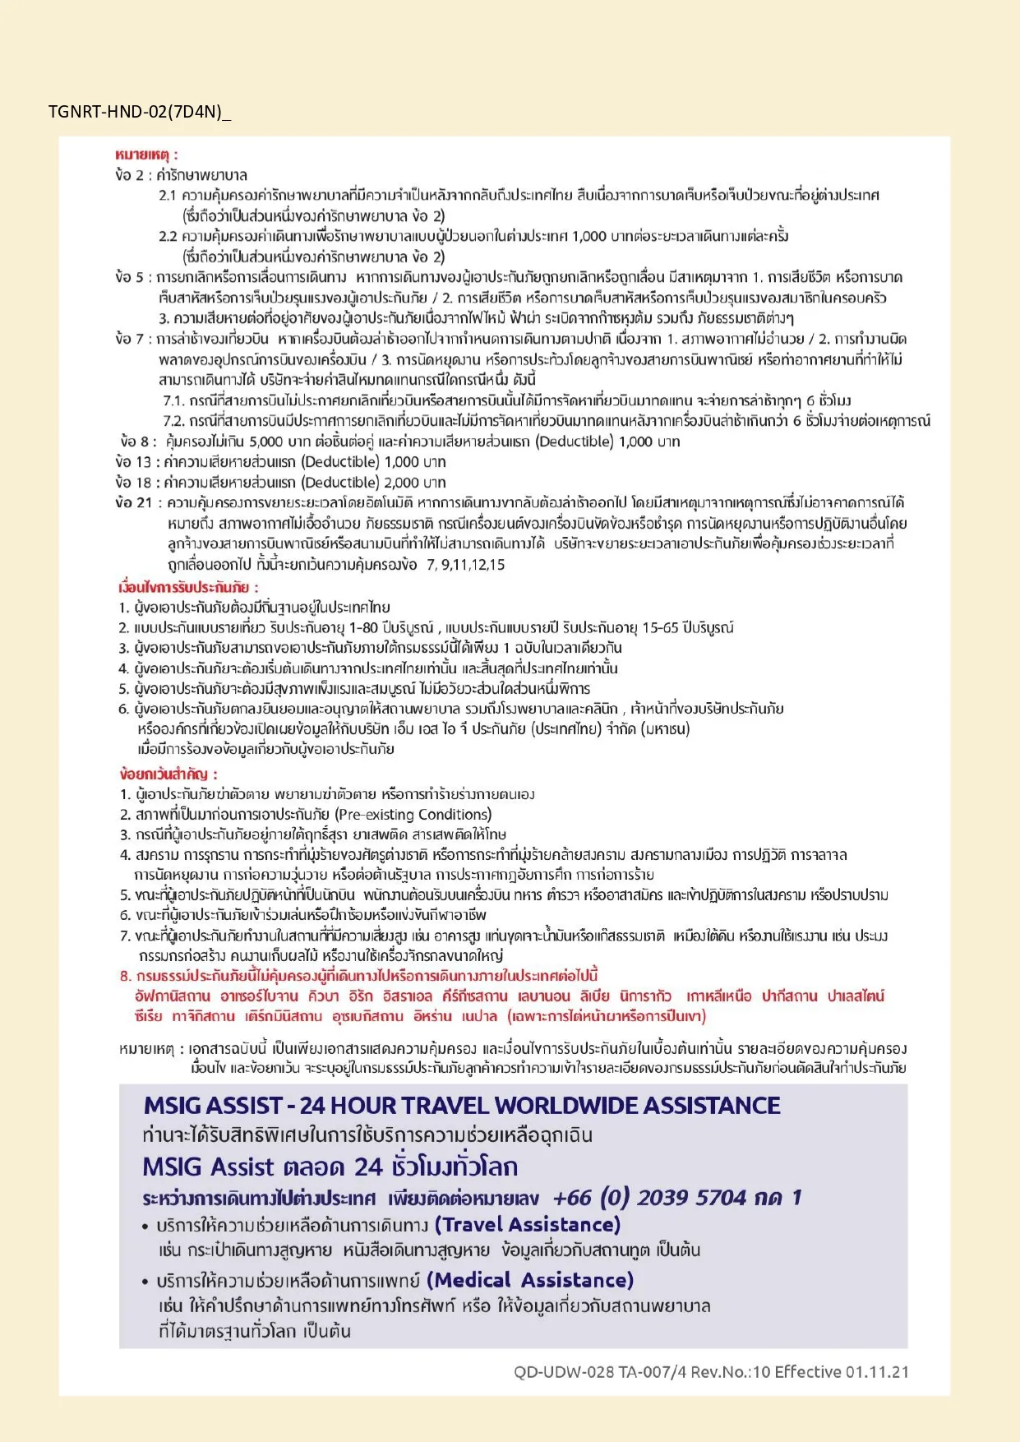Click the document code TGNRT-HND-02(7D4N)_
[x=139, y=112]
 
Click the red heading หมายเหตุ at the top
[x=145, y=155]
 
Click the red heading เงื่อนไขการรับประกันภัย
[x=187, y=587]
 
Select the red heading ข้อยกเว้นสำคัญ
[x=167, y=774]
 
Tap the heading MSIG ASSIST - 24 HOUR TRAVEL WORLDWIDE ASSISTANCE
[x=462, y=1106]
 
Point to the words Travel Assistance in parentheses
[x=527, y=1225]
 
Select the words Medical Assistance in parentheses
[x=530, y=1280]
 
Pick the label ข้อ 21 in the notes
[x=134, y=502]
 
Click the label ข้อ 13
[x=134, y=462]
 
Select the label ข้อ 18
[x=134, y=483]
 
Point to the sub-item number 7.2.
[x=173, y=421]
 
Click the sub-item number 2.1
[x=168, y=196]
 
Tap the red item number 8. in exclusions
[x=126, y=976]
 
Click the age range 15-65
[x=660, y=628]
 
